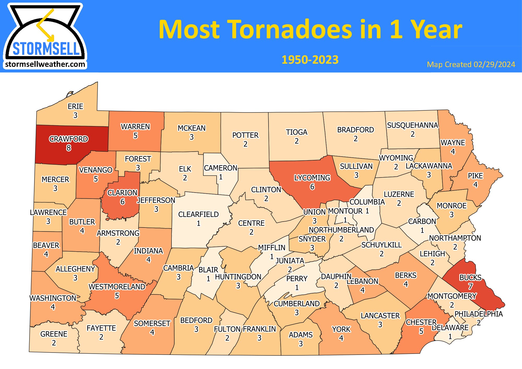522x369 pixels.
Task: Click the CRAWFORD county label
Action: tap(69, 139)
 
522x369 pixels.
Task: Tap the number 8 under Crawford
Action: tap(69, 148)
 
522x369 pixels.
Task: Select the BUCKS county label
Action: tap(470, 277)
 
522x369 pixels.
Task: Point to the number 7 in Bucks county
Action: tap(470, 286)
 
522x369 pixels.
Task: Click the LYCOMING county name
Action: tap(312, 178)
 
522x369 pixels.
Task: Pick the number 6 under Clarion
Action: tap(122, 202)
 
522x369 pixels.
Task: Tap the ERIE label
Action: tap(75, 106)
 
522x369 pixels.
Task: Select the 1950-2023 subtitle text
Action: tap(310, 60)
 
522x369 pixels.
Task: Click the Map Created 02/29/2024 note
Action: tap(471, 64)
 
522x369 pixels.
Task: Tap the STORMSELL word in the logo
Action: tap(46, 49)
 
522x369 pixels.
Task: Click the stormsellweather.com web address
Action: tap(45, 64)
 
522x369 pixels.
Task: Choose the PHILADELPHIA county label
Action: tap(478, 314)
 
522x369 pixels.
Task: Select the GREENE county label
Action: tap(54, 334)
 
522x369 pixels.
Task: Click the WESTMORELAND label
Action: tap(117, 287)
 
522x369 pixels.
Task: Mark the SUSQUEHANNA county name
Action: tap(412, 125)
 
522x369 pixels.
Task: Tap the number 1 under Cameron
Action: tap(221, 177)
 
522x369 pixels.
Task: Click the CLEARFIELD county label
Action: tap(198, 215)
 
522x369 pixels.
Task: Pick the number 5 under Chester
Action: tap(421, 331)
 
